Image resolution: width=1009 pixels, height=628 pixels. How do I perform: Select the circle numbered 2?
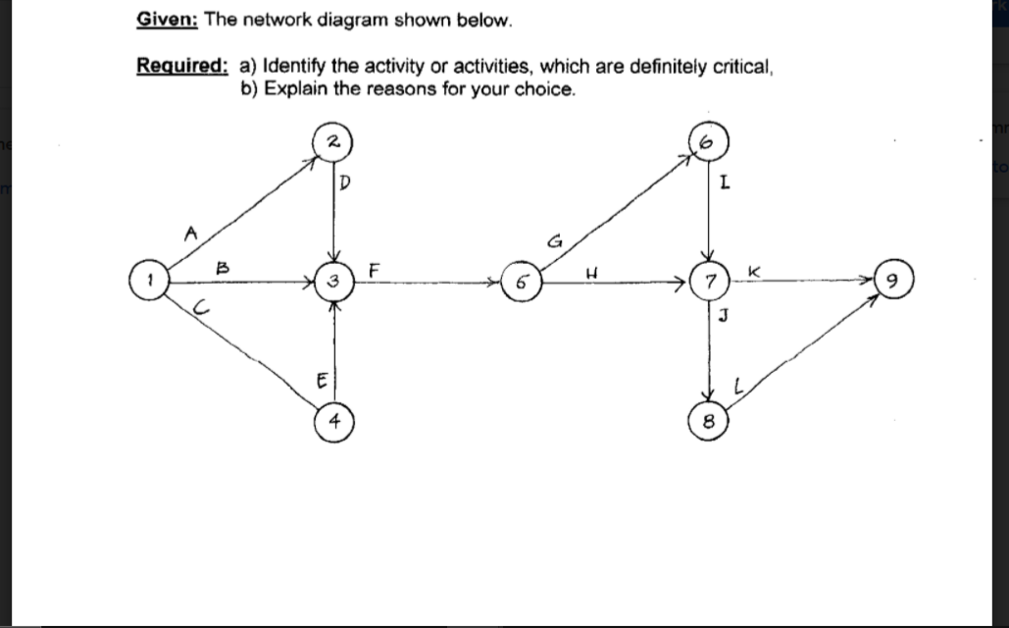(332, 142)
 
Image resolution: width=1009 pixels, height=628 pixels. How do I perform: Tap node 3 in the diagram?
(333, 282)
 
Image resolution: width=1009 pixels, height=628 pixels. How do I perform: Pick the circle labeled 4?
(334, 421)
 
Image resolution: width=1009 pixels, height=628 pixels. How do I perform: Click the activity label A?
(191, 232)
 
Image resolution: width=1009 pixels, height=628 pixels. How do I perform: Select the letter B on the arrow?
(224, 264)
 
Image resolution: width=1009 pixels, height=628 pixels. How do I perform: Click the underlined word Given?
(161, 21)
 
